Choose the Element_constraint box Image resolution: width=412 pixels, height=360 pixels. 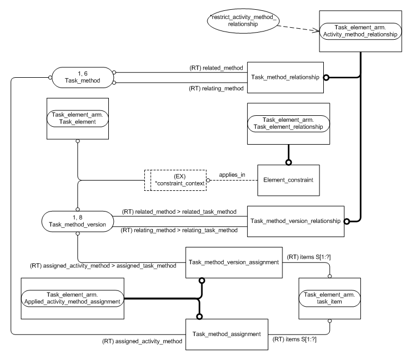click(x=288, y=178)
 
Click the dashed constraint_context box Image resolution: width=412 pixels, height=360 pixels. click(x=175, y=178)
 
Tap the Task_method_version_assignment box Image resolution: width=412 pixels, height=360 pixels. click(x=233, y=262)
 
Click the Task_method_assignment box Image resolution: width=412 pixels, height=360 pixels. click(x=229, y=333)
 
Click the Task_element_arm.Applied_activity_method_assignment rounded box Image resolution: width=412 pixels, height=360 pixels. click(x=72, y=298)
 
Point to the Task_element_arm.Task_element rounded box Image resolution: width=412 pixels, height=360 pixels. click(x=78, y=119)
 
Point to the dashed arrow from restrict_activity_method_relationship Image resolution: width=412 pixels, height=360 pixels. click(x=293, y=28)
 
